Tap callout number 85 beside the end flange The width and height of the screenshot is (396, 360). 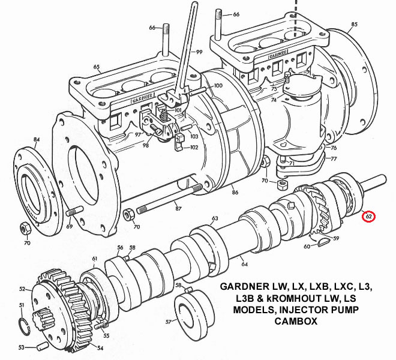coord(354,24)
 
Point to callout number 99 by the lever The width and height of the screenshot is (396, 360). coord(199,53)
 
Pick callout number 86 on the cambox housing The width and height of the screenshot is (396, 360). coord(235,192)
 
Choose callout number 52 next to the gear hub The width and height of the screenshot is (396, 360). coord(22,289)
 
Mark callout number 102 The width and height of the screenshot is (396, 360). coord(194,147)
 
